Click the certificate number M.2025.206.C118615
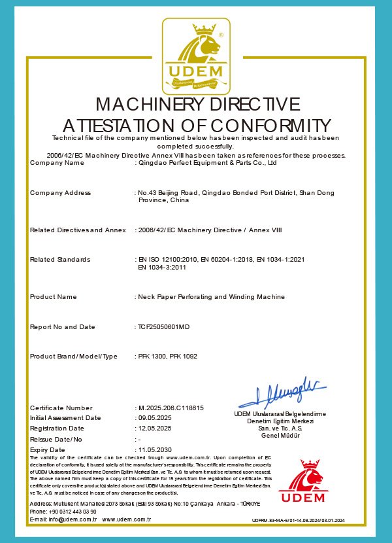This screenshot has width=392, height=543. (x=171, y=408)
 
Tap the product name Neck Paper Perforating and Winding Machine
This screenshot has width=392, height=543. (x=211, y=296)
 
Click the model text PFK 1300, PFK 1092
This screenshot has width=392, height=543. (x=167, y=356)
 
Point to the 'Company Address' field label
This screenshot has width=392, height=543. (x=60, y=192)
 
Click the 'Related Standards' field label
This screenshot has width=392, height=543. (x=60, y=260)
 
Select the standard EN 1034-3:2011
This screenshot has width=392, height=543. (x=161, y=267)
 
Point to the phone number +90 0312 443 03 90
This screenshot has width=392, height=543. (x=69, y=511)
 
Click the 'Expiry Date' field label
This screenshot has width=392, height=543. (x=48, y=450)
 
